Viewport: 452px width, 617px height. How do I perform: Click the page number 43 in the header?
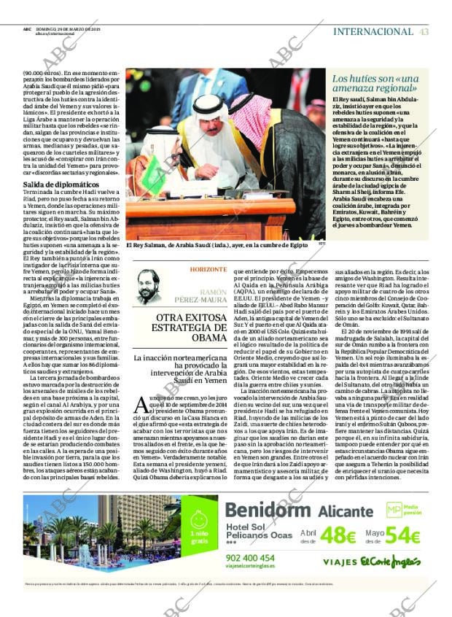424,31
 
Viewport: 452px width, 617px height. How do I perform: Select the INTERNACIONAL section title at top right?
373,31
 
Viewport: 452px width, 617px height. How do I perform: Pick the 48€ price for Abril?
338,535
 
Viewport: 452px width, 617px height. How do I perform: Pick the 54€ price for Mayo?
403,535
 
